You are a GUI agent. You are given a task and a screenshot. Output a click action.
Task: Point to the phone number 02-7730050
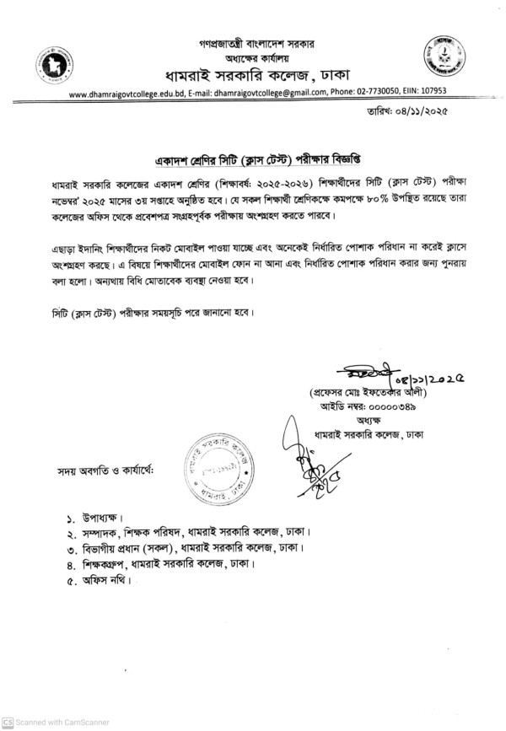click(377, 93)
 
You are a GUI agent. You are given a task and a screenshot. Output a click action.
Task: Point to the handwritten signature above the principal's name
click(358, 375)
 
